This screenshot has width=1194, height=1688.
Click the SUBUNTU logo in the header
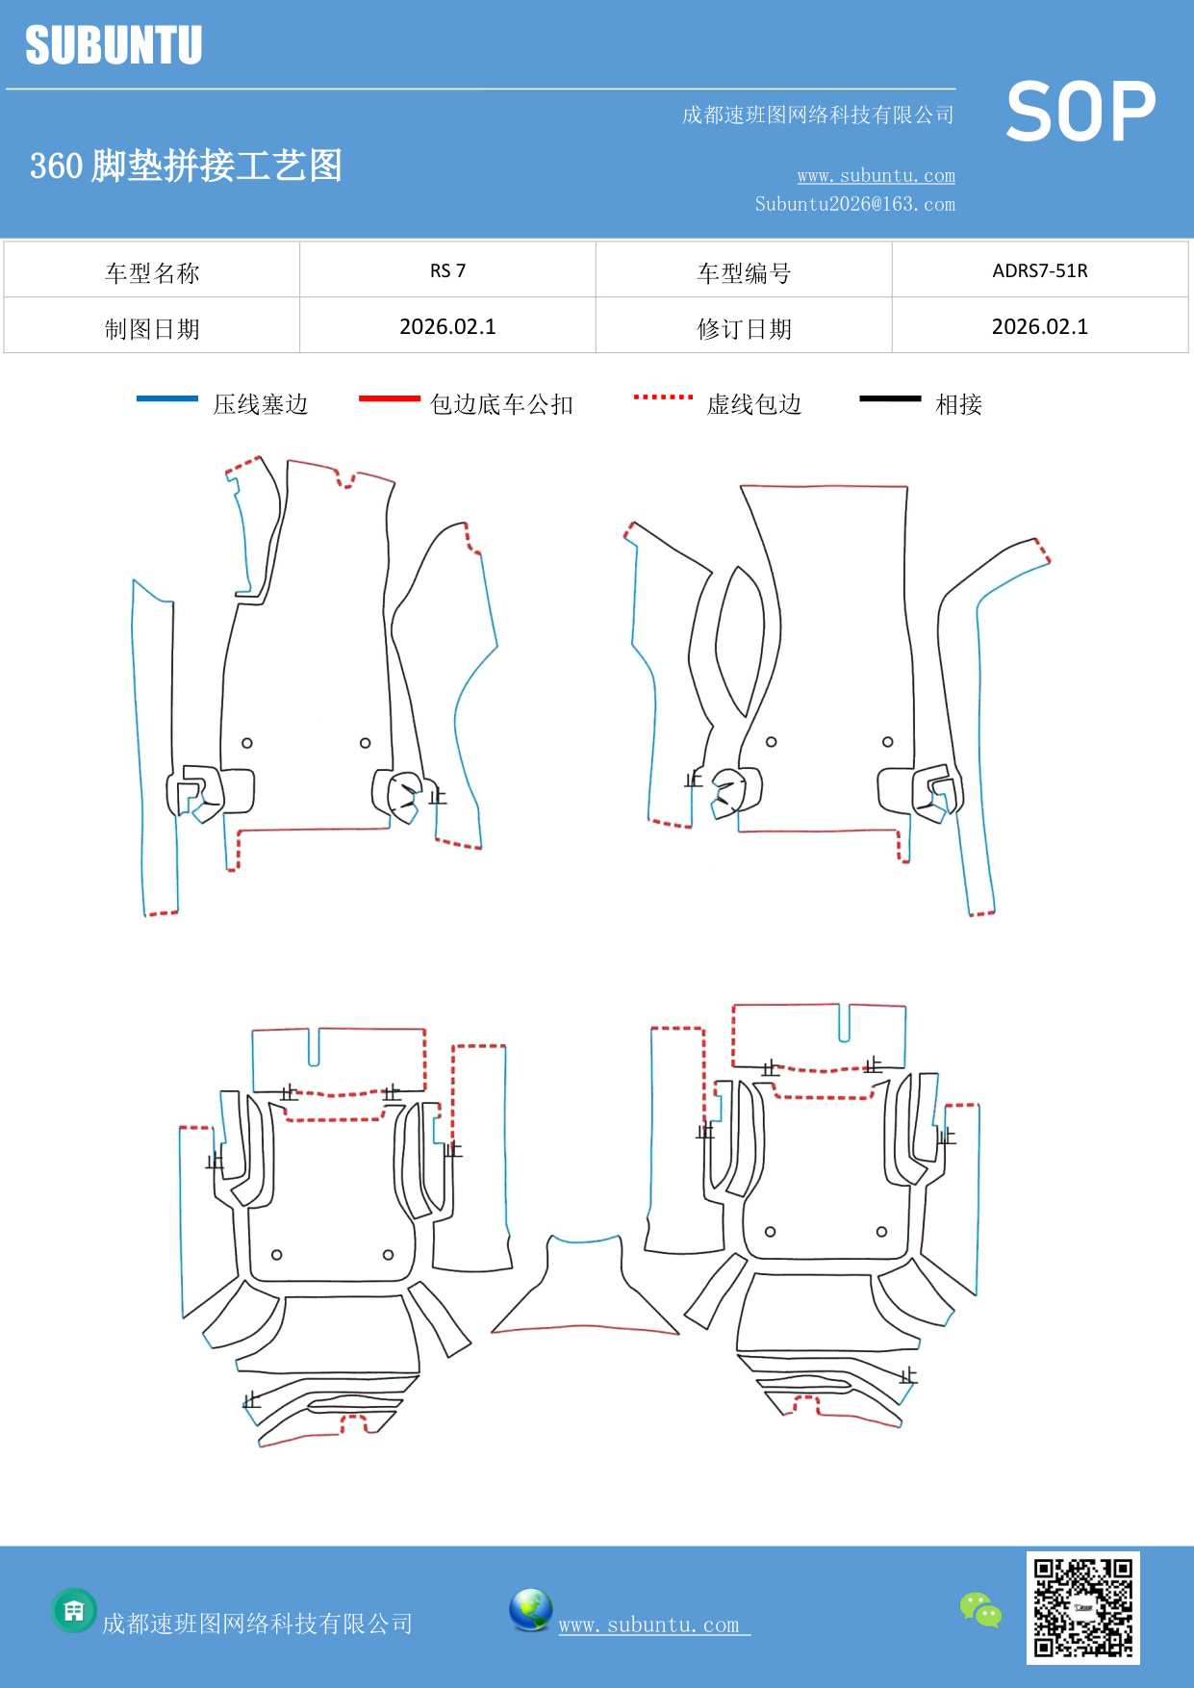114,45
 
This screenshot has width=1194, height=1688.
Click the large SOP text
1080,112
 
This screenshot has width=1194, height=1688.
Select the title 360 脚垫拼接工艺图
186,166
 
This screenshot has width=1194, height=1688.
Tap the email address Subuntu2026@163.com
854,204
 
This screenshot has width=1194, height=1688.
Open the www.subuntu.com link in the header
876,176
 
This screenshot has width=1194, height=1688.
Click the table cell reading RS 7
447,270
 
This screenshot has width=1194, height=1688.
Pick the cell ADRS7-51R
1039,270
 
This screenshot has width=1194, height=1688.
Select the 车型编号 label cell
744,273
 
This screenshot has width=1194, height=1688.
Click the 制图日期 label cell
152,329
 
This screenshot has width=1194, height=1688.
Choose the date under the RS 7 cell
447,326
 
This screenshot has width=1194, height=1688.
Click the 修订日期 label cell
744,329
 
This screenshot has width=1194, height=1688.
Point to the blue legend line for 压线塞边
167,398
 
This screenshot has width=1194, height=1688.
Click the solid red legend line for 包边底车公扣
389,398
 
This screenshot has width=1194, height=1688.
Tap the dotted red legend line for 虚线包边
663,396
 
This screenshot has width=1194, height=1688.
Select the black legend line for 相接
890,398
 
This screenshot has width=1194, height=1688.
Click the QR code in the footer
1082,1607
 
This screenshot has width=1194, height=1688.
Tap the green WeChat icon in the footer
980,1609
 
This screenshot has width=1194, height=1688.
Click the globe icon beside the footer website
530,1609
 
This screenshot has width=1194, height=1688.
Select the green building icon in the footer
74,1610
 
